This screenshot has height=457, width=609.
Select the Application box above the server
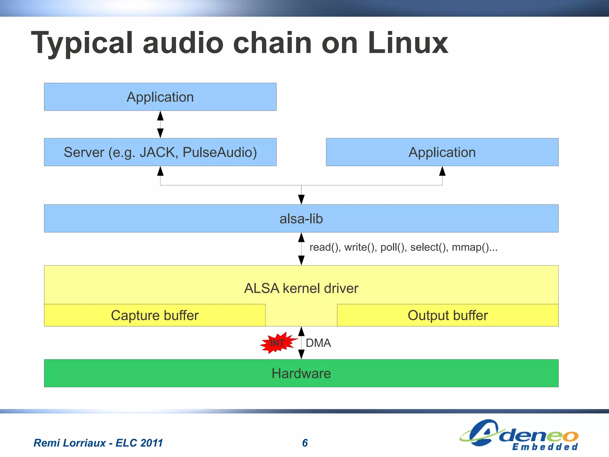tap(160, 97)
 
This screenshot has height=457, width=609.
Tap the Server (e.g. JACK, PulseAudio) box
tap(160, 152)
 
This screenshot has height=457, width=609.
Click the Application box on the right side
tap(442, 152)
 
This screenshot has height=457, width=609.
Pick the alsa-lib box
tap(301, 219)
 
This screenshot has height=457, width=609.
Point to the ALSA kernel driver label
tap(301, 288)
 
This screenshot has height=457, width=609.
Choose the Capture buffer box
tap(155, 315)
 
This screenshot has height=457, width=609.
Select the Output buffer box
tap(448, 315)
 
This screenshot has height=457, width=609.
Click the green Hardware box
tap(301, 373)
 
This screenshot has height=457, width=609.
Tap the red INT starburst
tap(277, 343)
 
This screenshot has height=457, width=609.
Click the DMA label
tap(318, 343)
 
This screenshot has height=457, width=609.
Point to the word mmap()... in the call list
tap(474, 247)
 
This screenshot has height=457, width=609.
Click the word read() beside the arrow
tap(324, 247)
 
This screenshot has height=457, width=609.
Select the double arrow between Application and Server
tap(160, 124)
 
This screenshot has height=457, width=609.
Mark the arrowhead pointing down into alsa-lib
tap(301, 200)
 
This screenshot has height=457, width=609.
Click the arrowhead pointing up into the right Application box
tap(442, 171)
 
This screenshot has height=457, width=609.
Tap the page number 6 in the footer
tap(305, 443)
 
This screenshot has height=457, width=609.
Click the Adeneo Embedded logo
tap(519, 435)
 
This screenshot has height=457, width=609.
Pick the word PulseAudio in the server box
tap(219, 152)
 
